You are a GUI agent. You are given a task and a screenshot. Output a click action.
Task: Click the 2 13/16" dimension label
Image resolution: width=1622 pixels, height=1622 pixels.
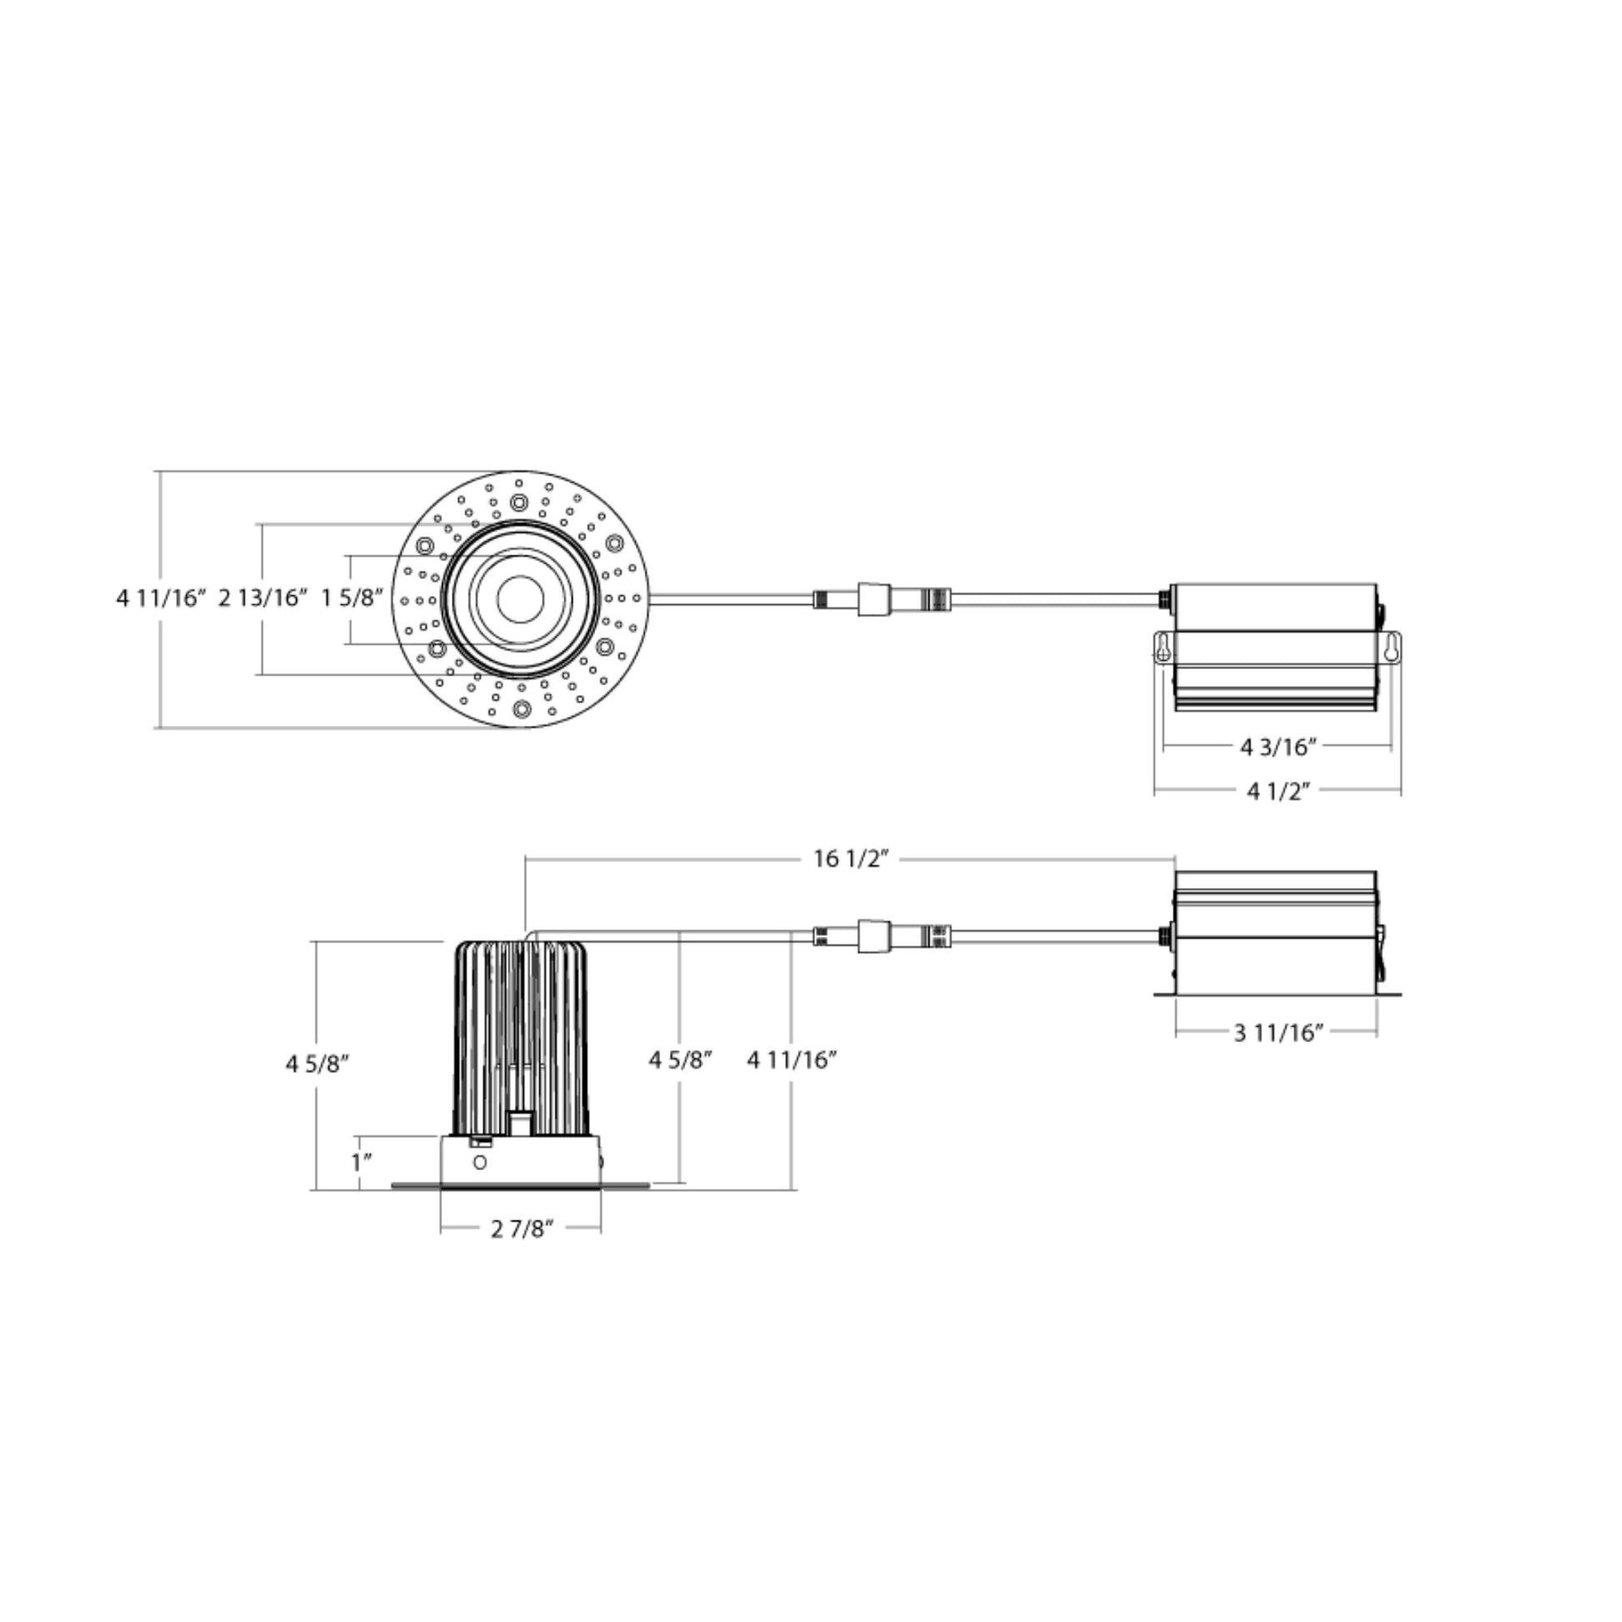pos(263,598)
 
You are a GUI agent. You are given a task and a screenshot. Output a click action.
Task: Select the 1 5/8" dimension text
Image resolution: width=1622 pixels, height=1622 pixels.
pos(353,598)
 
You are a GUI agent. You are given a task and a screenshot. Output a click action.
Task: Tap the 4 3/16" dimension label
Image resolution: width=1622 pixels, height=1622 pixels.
pos(1279,746)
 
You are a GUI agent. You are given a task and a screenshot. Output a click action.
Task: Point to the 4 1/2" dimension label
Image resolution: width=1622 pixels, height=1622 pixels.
pos(1279,791)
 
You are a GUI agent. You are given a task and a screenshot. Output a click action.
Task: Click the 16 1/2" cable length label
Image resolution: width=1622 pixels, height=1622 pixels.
pos(850,859)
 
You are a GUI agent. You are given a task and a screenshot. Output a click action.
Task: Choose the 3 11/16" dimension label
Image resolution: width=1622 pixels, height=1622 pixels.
pos(1279,1032)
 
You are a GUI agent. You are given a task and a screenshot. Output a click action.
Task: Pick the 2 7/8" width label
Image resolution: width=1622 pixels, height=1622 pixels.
pos(523,1229)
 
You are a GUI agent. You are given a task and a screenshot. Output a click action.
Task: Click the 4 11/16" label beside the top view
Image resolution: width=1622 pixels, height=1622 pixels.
pos(161,598)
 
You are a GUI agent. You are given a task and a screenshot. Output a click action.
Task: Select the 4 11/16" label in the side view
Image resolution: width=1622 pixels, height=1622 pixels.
pos(793,1060)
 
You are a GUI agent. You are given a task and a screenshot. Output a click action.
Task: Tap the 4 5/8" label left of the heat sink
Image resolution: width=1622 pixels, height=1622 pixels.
pos(318,1064)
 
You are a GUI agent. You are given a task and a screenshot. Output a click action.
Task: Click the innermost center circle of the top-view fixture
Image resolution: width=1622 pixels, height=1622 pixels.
pos(519,599)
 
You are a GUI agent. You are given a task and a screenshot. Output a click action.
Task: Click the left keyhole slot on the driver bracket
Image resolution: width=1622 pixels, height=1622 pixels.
pos(1162,647)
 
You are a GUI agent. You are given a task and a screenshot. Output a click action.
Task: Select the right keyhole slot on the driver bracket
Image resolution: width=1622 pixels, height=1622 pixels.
pos(1390,647)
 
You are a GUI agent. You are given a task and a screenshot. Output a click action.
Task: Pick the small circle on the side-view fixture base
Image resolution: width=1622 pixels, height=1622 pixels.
pos(480,1163)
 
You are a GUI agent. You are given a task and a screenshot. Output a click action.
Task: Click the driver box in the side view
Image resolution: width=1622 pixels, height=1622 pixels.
pos(1275,933)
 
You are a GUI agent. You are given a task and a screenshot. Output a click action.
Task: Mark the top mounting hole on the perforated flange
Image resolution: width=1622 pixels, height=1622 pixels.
pos(519,503)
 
